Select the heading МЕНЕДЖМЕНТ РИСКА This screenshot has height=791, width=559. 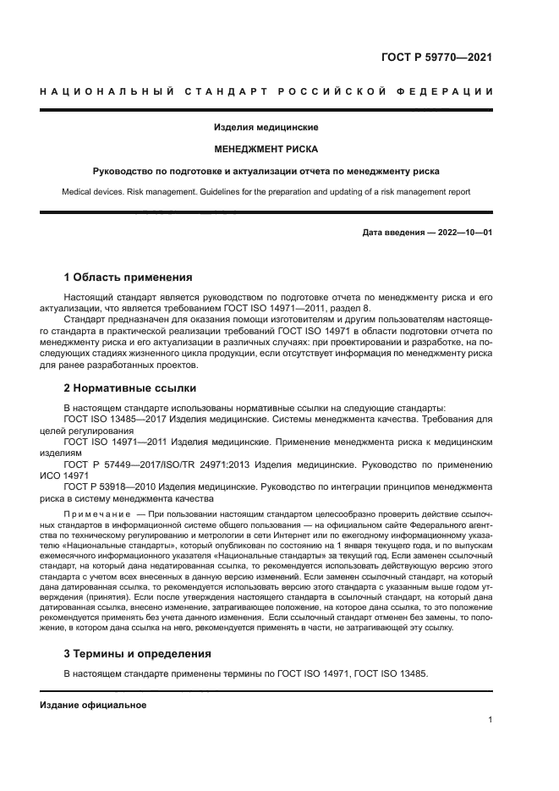(266, 149)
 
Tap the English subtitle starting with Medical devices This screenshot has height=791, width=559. (266, 192)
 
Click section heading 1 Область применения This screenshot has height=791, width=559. (128, 277)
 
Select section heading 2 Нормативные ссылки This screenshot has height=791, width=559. (130, 388)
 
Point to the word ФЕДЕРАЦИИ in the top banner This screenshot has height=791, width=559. (453, 91)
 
